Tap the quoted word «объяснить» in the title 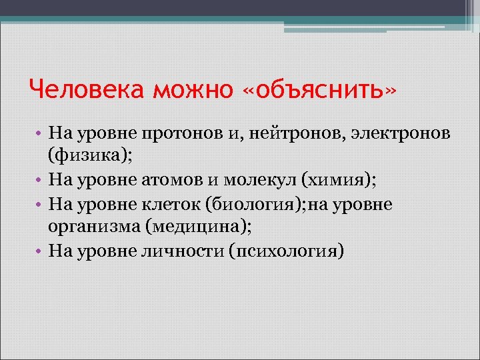click(319, 89)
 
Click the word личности click(181, 249)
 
